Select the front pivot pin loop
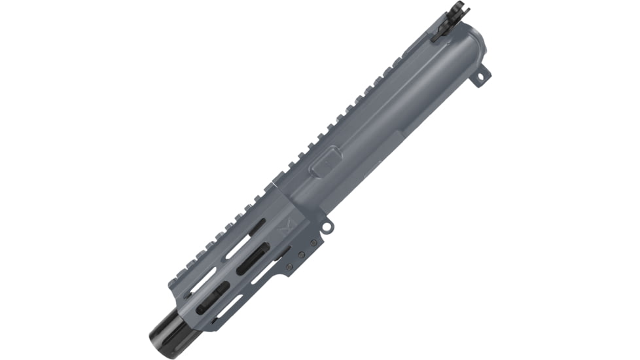[x=330, y=226]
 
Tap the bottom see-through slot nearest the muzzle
[x=226, y=308]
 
